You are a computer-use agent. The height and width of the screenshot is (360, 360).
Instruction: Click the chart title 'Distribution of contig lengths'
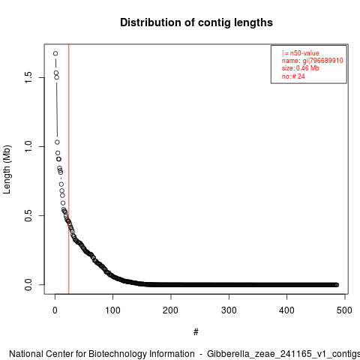point(196,22)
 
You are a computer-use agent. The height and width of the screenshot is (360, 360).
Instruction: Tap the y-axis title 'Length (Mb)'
point(7,169)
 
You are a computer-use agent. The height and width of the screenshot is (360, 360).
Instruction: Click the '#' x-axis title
point(196,332)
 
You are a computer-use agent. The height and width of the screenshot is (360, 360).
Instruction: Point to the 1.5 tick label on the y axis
point(28,77)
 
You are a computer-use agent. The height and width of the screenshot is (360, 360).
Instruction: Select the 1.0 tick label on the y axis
point(28,146)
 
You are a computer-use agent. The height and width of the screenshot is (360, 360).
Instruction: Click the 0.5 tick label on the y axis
point(28,215)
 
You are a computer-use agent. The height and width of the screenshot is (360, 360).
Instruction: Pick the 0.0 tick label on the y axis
point(28,284)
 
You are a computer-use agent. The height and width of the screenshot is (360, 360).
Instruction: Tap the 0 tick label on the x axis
point(55,310)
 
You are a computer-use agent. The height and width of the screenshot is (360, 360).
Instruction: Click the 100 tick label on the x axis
point(112,310)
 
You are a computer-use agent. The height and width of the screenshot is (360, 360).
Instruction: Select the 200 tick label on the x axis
point(170,310)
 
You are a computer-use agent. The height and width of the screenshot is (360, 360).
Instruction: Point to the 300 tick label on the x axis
point(229,310)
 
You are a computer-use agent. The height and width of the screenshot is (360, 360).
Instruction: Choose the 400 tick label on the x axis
point(286,310)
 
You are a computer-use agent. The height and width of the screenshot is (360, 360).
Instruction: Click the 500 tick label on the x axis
point(344,310)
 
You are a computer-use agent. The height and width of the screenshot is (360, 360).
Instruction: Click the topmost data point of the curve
point(55,53)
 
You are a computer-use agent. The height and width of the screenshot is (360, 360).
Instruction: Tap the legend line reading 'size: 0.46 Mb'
point(301,68)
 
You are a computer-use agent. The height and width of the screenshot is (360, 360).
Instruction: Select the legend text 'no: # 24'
point(293,76)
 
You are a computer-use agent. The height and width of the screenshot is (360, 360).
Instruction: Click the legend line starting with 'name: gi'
point(313,61)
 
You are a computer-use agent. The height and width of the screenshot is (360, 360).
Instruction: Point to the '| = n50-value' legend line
point(301,53)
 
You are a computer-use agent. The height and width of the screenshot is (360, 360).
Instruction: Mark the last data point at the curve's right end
point(337,285)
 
